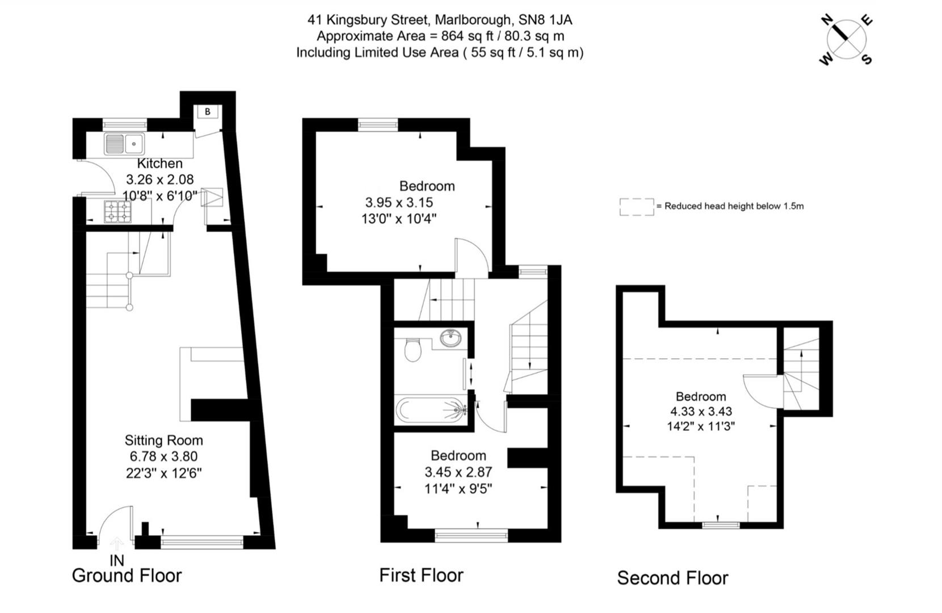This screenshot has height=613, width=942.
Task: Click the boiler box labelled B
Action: [208, 112]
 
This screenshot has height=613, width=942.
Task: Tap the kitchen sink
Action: [124, 144]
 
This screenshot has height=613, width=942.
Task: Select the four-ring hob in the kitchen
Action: [117, 212]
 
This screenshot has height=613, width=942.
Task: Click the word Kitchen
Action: [160, 163]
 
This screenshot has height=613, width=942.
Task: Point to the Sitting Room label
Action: [163, 440]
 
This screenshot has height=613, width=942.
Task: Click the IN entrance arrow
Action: [116, 545]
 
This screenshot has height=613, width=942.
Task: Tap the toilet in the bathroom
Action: [413, 350]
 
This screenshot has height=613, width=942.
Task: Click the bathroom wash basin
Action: [452, 339]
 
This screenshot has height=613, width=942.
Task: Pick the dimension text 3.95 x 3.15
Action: [399, 203]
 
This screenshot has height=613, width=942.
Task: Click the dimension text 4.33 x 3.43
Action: [701, 412]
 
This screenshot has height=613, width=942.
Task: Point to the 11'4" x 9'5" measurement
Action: [458, 488]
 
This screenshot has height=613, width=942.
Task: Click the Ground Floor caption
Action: [127, 576]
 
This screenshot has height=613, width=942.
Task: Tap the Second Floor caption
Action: [672, 578]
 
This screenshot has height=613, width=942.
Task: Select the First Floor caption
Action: [421, 576]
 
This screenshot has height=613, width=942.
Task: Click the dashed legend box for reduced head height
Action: [636, 207]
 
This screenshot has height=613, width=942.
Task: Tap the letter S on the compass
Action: [867, 60]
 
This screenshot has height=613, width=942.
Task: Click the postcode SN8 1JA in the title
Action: [545, 20]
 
